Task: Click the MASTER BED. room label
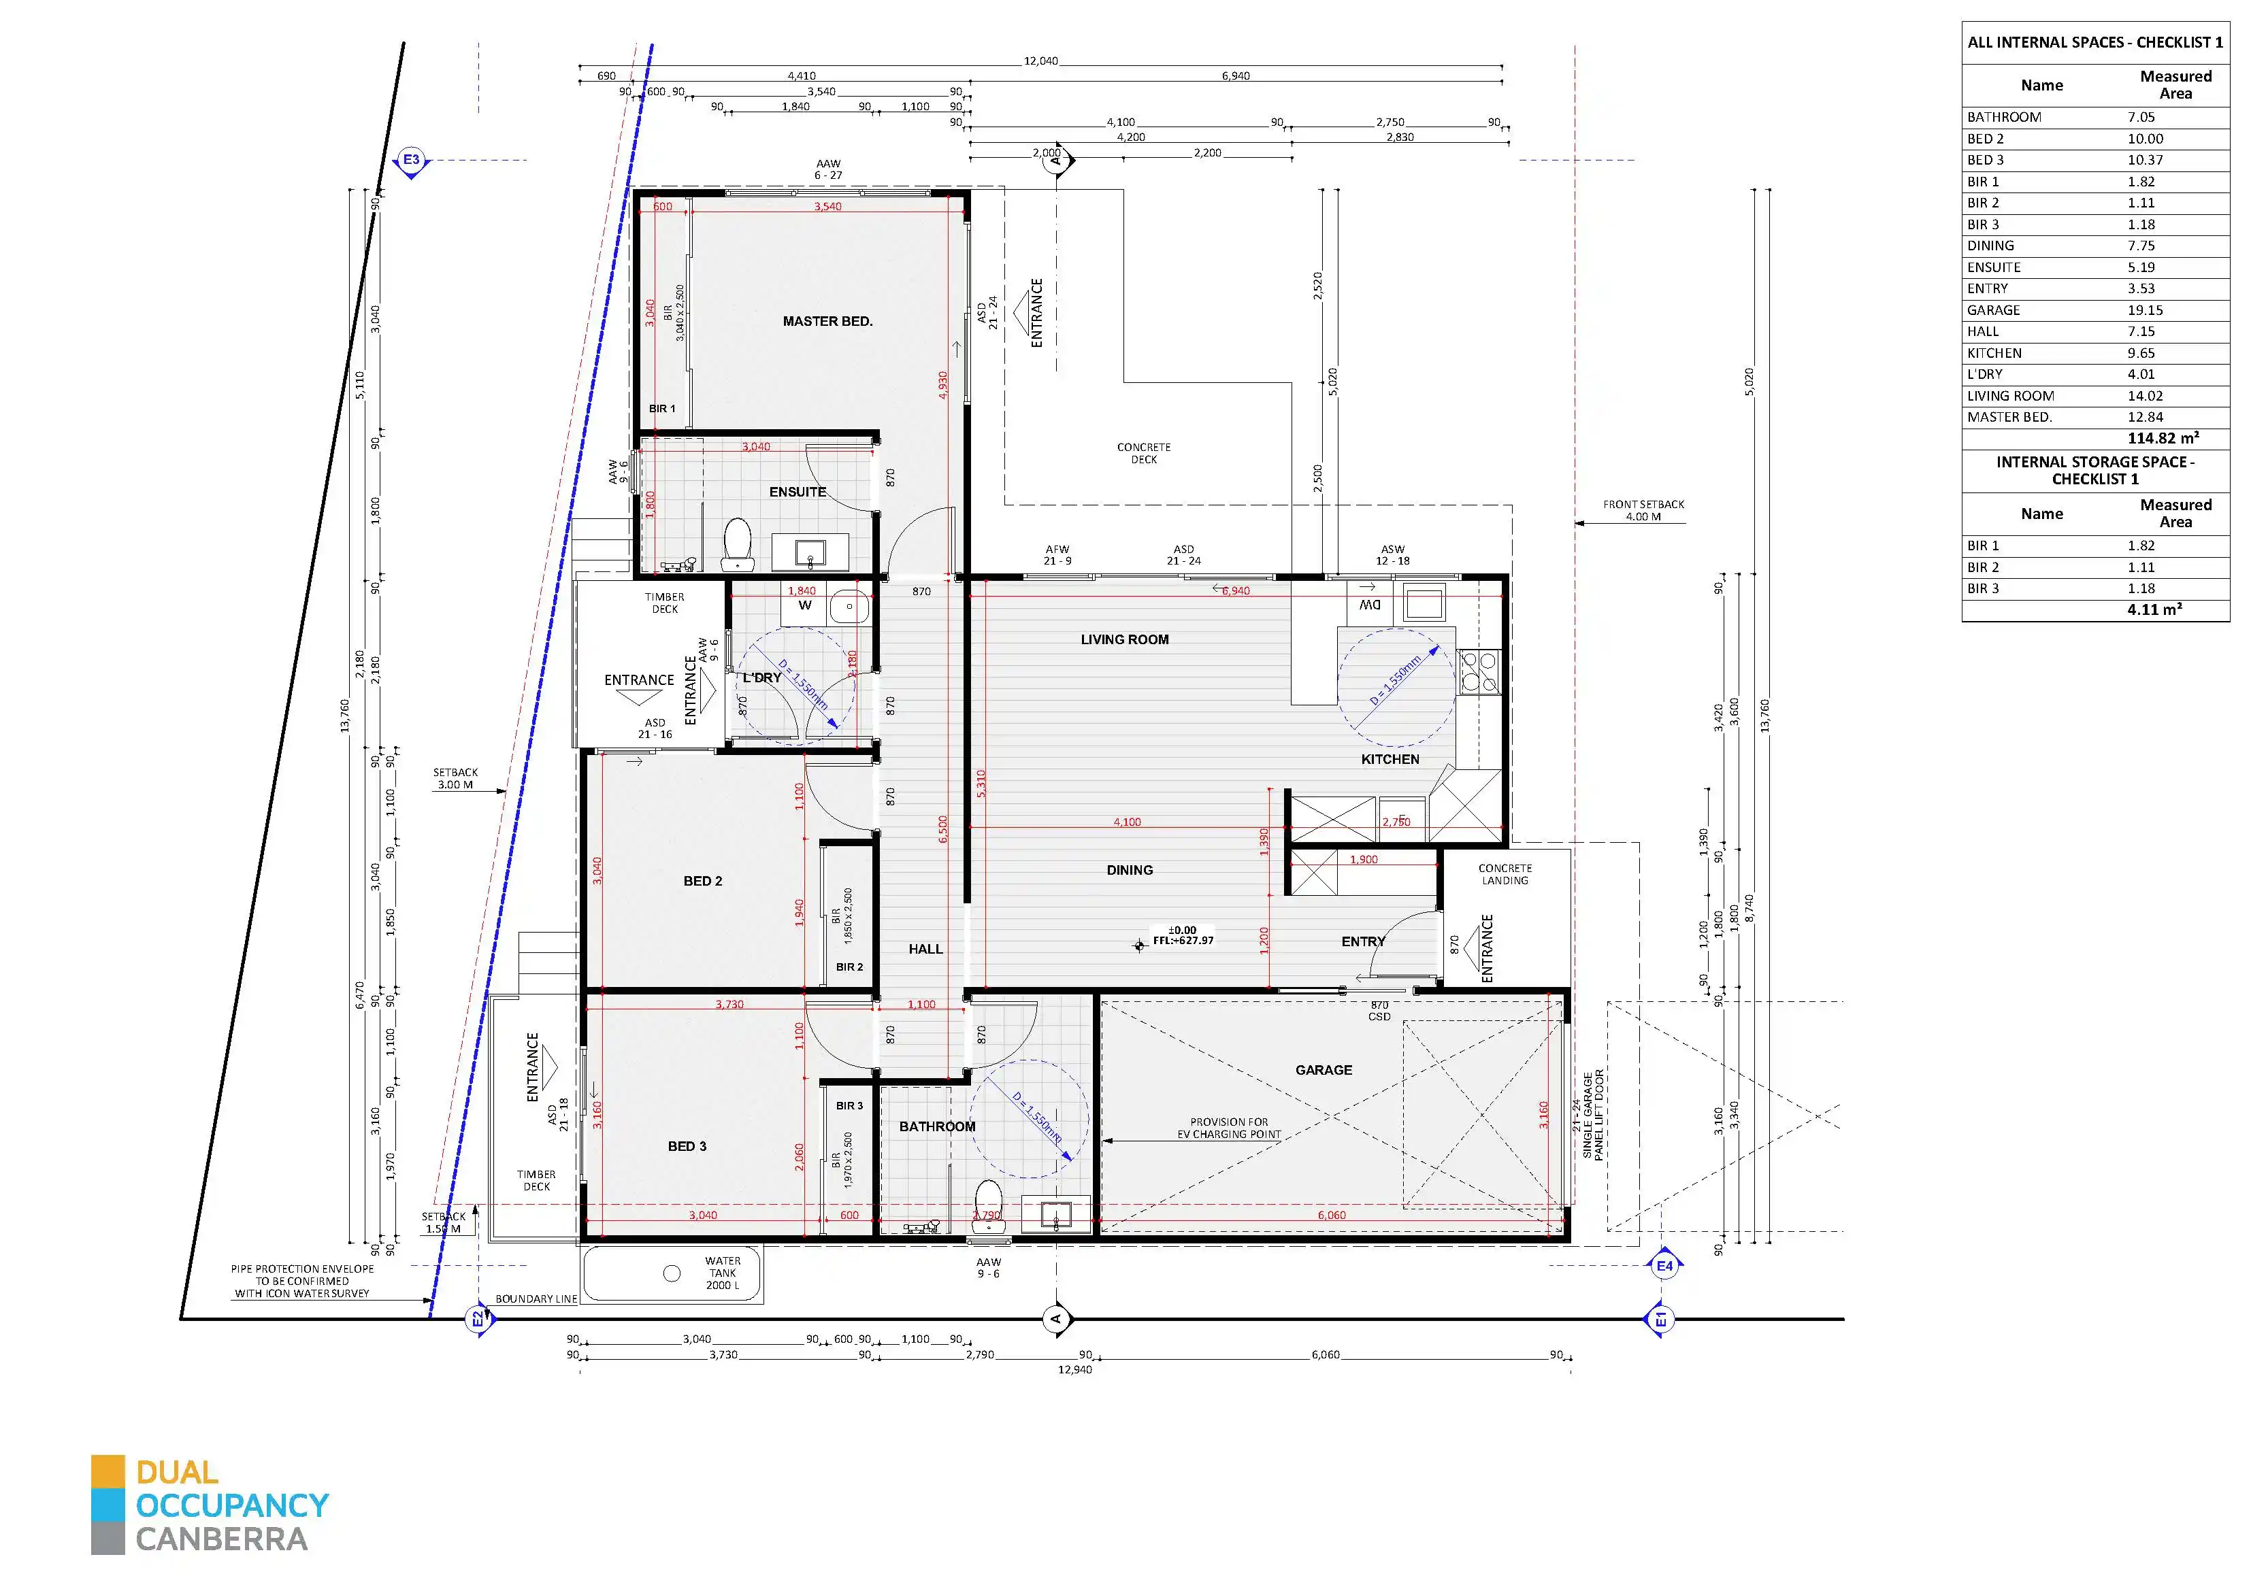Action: point(827,322)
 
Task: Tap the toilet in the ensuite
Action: point(736,544)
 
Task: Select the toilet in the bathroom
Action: point(987,1205)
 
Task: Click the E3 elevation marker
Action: point(411,161)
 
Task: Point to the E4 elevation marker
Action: point(1664,1266)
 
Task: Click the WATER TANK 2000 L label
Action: point(723,1273)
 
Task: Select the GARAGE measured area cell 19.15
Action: point(2145,309)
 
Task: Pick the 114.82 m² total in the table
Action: point(2162,438)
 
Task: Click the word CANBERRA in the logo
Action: point(222,1539)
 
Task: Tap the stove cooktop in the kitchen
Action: point(1479,673)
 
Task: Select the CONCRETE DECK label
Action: point(1143,453)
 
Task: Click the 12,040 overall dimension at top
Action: point(1040,61)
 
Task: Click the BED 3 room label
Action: point(687,1146)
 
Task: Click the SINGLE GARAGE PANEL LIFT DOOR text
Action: point(1593,1116)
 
